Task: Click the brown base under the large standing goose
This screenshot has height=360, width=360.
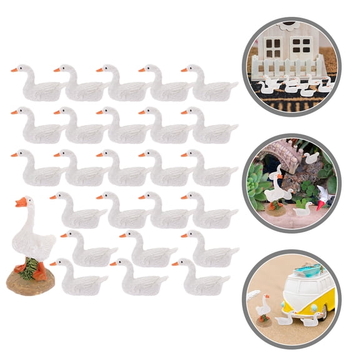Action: (30, 281)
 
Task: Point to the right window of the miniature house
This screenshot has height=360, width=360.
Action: (301, 44)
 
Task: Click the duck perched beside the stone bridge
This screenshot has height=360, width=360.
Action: (311, 157)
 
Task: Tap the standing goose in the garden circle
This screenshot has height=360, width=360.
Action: (274, 187)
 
